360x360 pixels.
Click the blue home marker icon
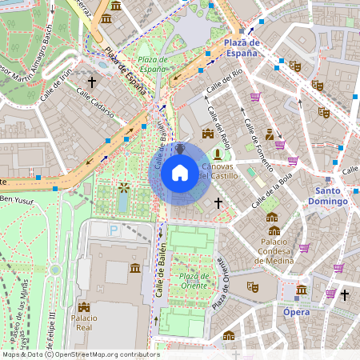tap(180, 172)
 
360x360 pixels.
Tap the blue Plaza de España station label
tap(242, 47)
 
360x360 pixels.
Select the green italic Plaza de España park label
tap(151, 64)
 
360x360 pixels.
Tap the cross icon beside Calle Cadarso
tap(92, 82)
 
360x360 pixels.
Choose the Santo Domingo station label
tap(331, 196)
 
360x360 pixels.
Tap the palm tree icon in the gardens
tap(124, 188)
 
